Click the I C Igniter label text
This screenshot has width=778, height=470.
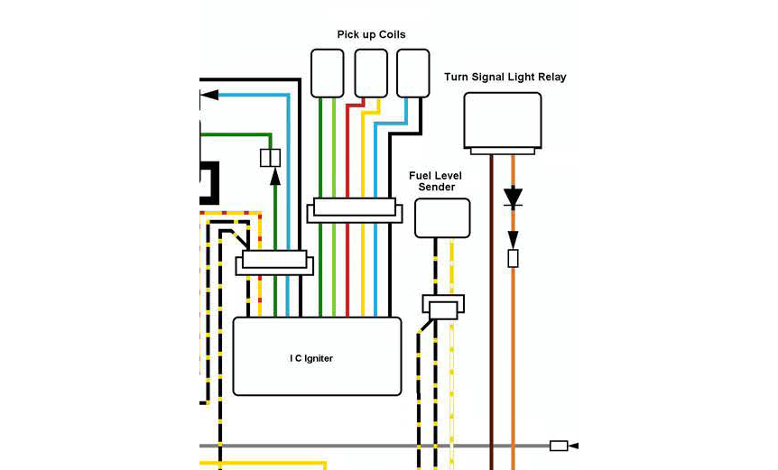311,358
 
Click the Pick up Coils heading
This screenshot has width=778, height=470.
371,34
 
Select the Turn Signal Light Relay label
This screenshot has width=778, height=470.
505,77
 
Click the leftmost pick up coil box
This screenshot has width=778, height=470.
327,73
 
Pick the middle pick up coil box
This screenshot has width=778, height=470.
370,73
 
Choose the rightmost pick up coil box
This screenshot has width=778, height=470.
413,73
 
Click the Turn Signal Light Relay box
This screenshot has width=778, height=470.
502,118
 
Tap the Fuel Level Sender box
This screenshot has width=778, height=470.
442,217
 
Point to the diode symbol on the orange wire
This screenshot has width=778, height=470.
513,197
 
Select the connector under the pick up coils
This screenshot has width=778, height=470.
354,211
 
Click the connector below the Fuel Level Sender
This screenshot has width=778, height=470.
442,309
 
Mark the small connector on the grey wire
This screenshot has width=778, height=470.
559,446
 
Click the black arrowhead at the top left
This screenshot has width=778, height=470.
209,95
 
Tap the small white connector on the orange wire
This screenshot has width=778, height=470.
513,259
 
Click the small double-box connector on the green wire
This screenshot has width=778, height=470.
270,158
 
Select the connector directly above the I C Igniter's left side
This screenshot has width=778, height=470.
274,264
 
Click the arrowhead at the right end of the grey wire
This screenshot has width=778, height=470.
573,446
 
